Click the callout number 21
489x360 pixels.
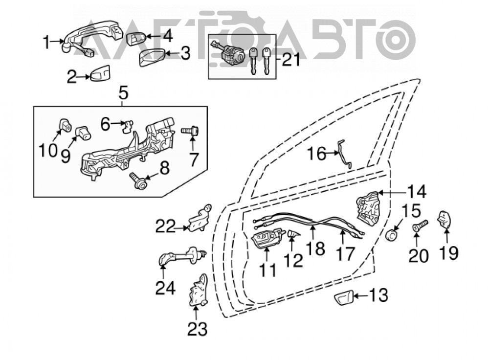tap(290, 60)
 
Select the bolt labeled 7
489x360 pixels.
tap(190, 131)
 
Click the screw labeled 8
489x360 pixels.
tap(137, 180)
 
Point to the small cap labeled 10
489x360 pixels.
tap(65, 125)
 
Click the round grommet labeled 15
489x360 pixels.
tap(392, 235)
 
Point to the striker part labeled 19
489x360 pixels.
tap(445, 220)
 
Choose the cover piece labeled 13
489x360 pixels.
tap(343, 297)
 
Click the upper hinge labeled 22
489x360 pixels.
tap(200, 218)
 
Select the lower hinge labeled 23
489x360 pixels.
tap(199, 289)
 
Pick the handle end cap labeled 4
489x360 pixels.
tap(135, 38)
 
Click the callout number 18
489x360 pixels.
tap(316, 248)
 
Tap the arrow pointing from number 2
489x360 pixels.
tap(83, 76)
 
